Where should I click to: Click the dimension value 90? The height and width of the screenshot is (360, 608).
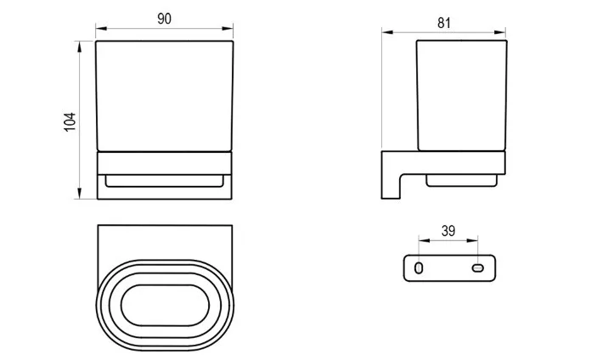coord(165,19)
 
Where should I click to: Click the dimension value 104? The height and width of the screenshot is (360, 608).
coord(70,122)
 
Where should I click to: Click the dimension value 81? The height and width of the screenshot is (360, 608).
coord(444,23)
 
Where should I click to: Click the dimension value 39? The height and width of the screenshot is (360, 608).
coord(448,231)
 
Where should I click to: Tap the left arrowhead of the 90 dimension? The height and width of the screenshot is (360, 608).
coord(101,28)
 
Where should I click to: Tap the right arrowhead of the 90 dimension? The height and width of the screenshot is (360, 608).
coord(228,28)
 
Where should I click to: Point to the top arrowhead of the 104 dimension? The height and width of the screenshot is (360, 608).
coord(80,47)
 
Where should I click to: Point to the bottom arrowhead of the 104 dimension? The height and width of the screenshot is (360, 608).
coord(80,193)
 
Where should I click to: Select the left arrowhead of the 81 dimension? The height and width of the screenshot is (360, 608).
coord(387,32)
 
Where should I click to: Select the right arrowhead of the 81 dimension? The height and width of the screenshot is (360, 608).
coord(500,32)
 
